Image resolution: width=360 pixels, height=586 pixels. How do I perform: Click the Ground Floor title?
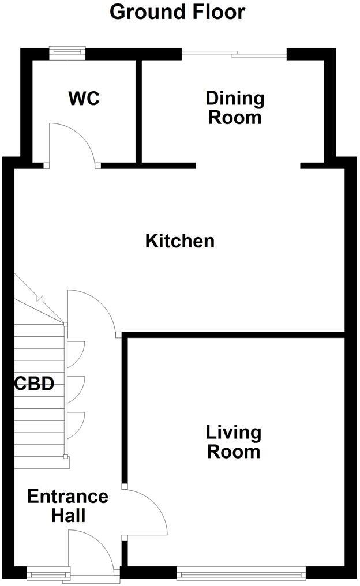(x=177, y=12)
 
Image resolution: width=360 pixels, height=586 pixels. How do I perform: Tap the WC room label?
(x=84, y=98)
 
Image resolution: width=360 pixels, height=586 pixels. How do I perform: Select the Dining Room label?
(x=235, y=107)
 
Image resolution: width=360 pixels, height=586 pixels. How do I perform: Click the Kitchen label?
(x=179, y=241)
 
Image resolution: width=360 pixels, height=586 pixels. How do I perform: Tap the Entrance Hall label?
(x=68, y=505)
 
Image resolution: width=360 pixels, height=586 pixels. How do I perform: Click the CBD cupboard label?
(x=35, y=384)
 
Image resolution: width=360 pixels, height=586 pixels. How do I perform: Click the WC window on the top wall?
(x=67, y=52)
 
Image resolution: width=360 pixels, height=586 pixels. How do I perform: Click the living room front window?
(x=241, y=573)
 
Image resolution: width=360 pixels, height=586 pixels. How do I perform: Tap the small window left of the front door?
(x=48, y=573)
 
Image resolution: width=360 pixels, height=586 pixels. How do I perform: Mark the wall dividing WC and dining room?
(x=138, y=110)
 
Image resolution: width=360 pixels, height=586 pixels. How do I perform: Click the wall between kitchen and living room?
(x=234, y=335)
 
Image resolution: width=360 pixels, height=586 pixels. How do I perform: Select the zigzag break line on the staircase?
(x=39, y=299)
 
